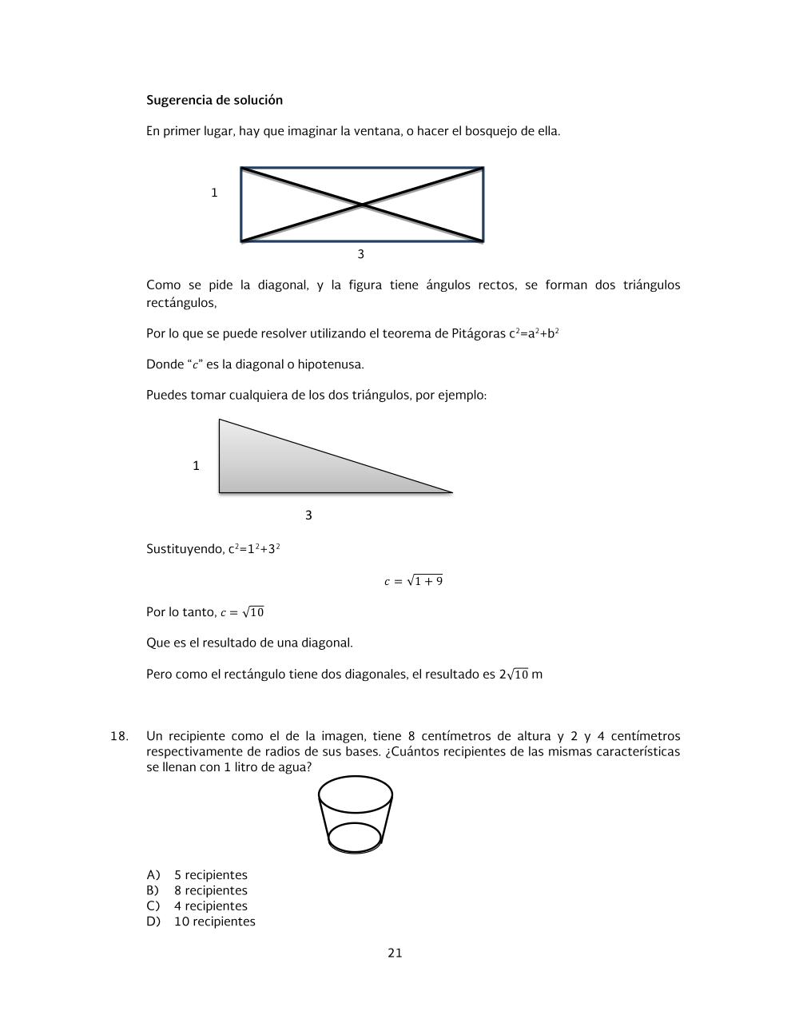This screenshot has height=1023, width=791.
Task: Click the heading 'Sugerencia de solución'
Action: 214,100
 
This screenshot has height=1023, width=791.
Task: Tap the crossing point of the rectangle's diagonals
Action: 362,205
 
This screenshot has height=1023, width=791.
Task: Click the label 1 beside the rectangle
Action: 214,193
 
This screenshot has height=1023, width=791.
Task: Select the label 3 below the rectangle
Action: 360,254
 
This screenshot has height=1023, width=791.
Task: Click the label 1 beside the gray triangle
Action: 196,465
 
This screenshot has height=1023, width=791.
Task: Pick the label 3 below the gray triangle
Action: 308,515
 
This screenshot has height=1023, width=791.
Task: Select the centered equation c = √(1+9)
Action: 413,581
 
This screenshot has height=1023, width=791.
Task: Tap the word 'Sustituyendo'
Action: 185,549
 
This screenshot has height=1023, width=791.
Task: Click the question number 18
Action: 119,736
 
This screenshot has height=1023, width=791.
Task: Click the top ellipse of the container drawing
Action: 356,794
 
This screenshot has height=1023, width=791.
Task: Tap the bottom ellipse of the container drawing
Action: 355,838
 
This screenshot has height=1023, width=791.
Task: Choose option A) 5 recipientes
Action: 197,875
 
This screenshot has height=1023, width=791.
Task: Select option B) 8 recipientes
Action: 197,890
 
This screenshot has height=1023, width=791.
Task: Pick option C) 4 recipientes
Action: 197,906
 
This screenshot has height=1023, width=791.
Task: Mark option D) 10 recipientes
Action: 201,921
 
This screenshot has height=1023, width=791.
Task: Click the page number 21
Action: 395,953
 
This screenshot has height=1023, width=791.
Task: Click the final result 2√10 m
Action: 520,675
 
